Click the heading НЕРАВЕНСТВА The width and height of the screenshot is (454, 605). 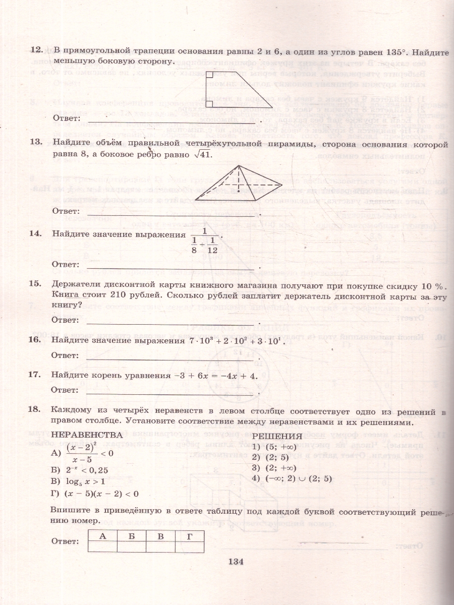[x=87, y=435]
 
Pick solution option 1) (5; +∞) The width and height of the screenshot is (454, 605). [x=277, y=447]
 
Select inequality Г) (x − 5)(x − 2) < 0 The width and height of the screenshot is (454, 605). [x=95, y=493]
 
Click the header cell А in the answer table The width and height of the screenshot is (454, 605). [x=102, y=536]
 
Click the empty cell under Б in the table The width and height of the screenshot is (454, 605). [x=131, y=547]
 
